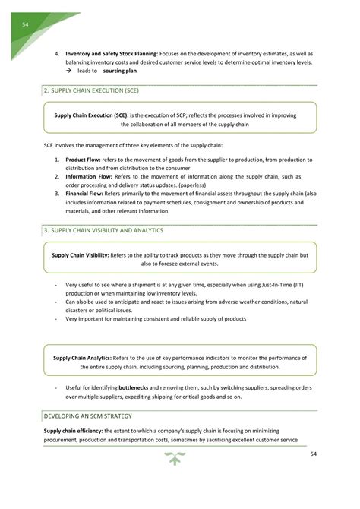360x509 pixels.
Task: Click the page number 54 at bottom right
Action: coord(313,454)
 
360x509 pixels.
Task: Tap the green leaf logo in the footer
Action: coord(178,457)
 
